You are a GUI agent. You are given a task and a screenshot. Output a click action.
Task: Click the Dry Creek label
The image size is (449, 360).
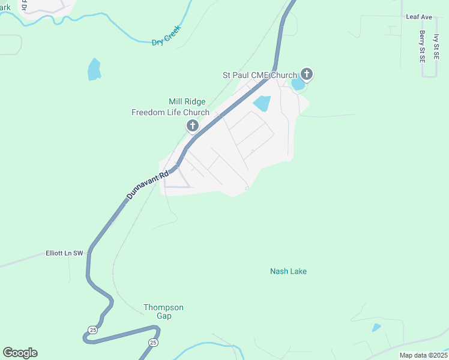click(x=166, y=39)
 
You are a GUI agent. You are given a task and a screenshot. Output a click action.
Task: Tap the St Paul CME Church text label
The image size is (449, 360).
click(x=259, y=75)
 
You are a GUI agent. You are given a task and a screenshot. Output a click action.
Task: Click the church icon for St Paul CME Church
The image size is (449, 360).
click(x=307, y=74)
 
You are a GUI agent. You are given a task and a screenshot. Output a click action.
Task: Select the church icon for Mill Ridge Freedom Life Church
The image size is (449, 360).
click(x=193, y=125)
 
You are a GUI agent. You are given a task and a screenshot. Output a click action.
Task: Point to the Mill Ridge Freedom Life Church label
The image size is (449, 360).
click(x=171, y=107)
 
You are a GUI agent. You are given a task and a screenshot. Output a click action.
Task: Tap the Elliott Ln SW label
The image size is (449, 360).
click(x=64, y=254)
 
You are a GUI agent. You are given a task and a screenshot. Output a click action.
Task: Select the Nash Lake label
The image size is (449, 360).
click(x=288, y=272)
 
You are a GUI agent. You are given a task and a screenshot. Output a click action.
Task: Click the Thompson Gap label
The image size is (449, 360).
click(x=163, y=311)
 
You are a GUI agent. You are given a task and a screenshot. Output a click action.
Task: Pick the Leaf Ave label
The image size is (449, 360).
click(x=419, y=17)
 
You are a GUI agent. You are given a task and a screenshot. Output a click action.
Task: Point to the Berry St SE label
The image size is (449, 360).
click(x=423, y=46)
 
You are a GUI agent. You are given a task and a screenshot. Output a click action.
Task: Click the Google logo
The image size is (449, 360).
click(x=20, y=353)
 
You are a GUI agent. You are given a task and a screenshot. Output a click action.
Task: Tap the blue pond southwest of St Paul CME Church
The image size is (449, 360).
click(x=262, y=103)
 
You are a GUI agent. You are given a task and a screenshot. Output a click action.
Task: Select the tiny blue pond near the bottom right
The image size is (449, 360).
click(x=376, y=328)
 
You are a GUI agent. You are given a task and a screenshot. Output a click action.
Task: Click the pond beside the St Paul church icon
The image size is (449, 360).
click(x=297, y=84)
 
